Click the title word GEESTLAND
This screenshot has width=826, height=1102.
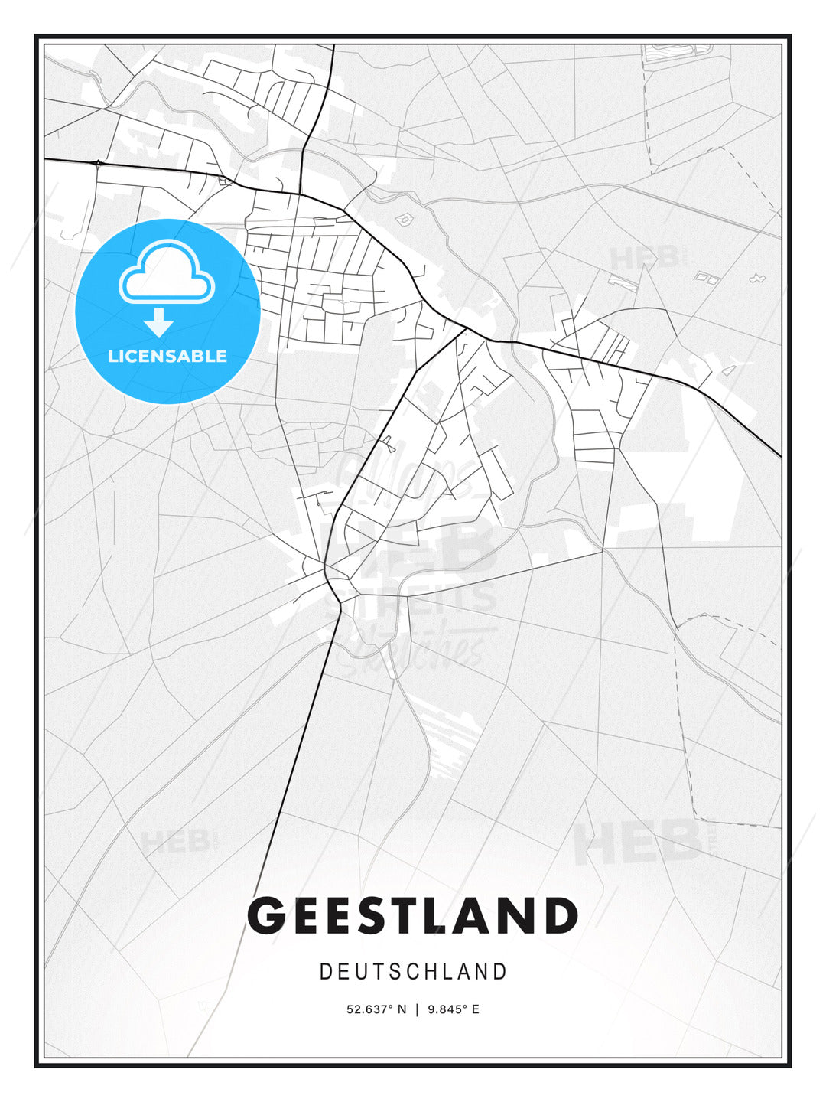pyautogui.click(x=413, y=916)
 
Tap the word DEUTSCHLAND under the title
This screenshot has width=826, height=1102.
pyautogui.click(x=413, y=972)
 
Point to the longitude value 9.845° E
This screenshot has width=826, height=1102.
pyautogui.click(x=454, y=1009)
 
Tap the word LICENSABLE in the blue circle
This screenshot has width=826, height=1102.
pyautogui.click(x=167, y=357)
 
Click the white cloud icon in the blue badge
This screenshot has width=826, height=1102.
pyautogui.click(x=167, y=272)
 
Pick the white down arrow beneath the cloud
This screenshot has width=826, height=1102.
pyautogui.click(x=159, y=323)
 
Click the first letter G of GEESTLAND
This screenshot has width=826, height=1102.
pyautogui.click(x=268, y=916)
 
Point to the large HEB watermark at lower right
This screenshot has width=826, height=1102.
pyautogui.click(x=639, y=842)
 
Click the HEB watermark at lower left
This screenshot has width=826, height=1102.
pyautogui.click(x=176, y=843)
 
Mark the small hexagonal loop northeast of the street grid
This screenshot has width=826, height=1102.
pyautogui.click(x=403, y=220)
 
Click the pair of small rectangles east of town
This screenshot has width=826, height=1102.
pyautogui.click(x=707, y=278)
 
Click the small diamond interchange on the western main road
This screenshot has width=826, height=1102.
pyautogui.click(x=98, y=162)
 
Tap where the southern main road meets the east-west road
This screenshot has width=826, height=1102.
pyautogui.click(x=466, y=329)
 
